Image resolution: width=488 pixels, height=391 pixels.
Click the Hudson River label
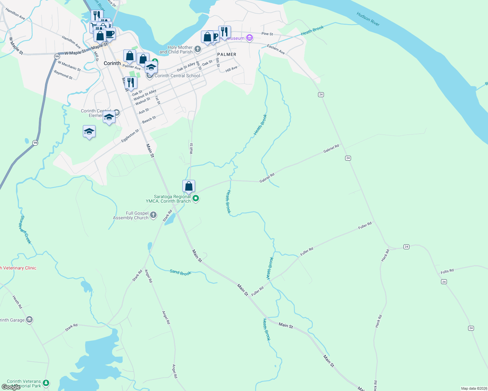368,19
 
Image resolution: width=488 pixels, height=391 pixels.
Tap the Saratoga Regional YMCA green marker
196,198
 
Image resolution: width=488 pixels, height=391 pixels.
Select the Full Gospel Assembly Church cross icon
153,215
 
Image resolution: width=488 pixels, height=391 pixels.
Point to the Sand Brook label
180,272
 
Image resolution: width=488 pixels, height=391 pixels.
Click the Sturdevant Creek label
25,229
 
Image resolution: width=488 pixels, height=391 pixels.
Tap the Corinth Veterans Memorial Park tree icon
46,383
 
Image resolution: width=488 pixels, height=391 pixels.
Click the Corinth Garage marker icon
29,320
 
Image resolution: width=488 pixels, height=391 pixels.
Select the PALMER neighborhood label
226,54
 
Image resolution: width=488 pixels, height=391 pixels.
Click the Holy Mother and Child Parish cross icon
197,50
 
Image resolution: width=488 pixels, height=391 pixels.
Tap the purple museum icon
250,38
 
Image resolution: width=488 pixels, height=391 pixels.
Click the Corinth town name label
112,63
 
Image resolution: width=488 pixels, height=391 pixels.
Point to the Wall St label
191,149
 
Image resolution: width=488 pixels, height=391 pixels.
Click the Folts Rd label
447,271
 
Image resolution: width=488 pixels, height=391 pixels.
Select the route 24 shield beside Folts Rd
444,282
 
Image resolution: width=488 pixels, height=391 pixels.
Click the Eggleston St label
130,136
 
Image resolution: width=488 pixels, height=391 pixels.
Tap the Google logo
11,387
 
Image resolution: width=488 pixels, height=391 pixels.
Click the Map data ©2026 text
473,388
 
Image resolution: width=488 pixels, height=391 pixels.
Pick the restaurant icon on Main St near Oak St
130,83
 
